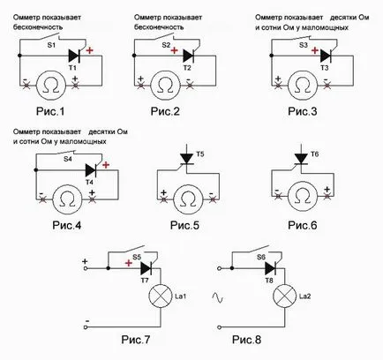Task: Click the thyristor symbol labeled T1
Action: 74,56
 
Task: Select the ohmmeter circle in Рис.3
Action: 303,86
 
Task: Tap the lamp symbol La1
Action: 161,296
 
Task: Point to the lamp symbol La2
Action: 285,296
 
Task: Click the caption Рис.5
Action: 184,226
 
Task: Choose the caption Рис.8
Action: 246,340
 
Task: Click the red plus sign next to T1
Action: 89,50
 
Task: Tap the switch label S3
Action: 304,45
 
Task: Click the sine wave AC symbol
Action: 218,297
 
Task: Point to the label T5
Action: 200,154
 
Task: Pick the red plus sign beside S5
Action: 129,263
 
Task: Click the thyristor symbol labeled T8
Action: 271,268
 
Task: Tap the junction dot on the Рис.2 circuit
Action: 134,56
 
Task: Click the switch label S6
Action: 261,257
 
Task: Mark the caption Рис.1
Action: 50,111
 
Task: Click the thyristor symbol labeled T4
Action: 91,170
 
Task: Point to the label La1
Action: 180,296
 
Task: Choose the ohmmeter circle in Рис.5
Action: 188,199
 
